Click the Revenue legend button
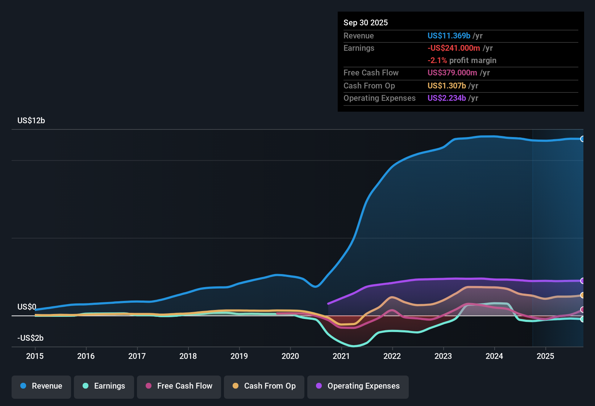click(x=41, y=386)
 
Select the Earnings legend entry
click(x=104, y=386)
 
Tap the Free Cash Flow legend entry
click(x=179, y=386)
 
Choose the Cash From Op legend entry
click(x=264, y=386)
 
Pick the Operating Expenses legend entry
click(x=358, y=386)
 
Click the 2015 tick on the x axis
click(x=35, y=356)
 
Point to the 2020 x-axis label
click(x=290, y=356)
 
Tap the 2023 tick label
click(x=443, y=356)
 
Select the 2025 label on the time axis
click(x=545, y=356)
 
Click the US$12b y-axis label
click(x=31, y=121)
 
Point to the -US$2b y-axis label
click(x=30, y=338)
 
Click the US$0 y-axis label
click(x=27, y=307)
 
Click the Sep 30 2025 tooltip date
click(x=366, y=23)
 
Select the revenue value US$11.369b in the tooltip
click(x=449, y=36)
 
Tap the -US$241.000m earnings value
click(x=454, y=48)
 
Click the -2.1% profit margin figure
click(x=437, y=61)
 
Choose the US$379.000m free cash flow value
click(x=452, y=73)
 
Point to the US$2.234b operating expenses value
click(x=447, y=98)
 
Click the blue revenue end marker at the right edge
click(x=582, y=139)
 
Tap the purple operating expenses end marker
click(x=582, y=281)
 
